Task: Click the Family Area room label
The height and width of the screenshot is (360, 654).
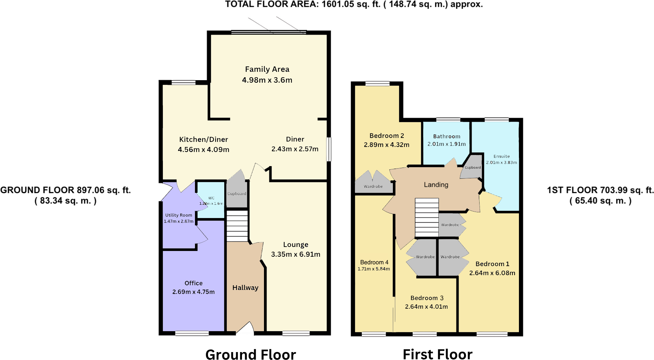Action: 267,69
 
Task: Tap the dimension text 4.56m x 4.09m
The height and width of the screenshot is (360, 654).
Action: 203,149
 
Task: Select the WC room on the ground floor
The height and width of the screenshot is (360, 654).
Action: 211,201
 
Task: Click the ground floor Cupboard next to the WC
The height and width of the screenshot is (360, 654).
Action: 237,194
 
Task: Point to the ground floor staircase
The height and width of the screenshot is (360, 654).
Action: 237,226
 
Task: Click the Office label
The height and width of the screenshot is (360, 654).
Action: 193,283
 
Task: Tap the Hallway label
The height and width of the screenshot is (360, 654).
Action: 245,288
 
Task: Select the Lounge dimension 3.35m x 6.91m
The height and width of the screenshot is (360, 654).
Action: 295,254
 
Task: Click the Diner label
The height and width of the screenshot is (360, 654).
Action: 295,139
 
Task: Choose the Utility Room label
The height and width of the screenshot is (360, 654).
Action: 178,215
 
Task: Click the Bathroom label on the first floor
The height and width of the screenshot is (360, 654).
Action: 447,136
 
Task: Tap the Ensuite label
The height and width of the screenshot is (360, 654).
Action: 502,156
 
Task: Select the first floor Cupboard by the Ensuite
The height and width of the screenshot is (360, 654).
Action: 473,168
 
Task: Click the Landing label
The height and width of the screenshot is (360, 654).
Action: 436,185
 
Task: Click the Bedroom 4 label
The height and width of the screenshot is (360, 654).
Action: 374,262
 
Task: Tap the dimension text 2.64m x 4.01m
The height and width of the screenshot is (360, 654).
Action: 426,307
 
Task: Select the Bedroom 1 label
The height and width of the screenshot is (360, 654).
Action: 492,264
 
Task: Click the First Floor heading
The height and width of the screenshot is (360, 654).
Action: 437,354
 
